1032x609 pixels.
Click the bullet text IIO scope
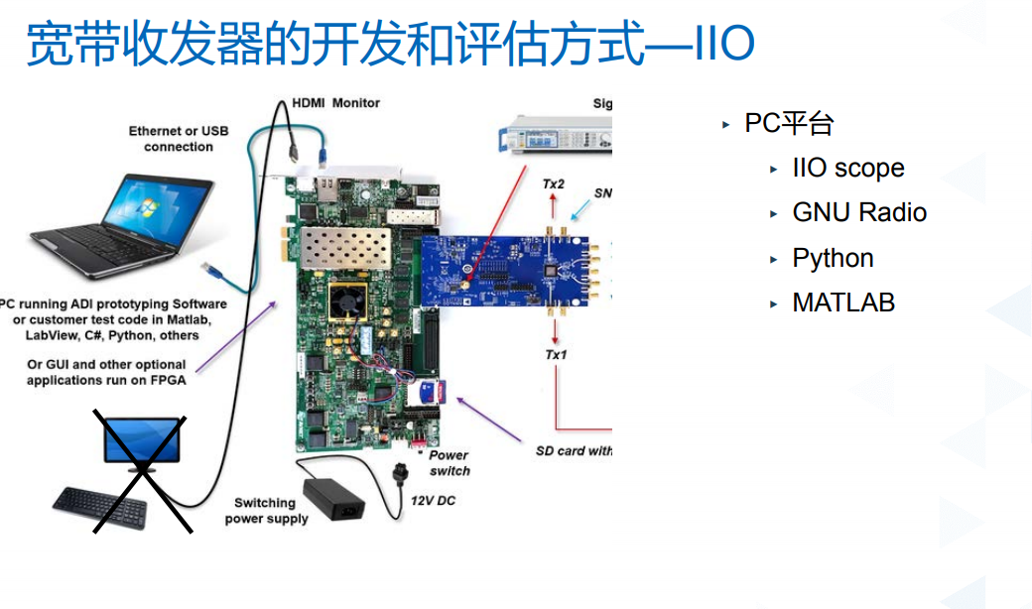click(847, 168)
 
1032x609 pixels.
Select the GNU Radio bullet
click(858, 212)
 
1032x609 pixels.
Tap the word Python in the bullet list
click(833, 258)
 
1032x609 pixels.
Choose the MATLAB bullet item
click(842, 302)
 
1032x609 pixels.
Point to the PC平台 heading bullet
click(789, 123)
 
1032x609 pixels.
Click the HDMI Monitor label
click(335, 102)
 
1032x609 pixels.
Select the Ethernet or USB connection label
click(179, 139)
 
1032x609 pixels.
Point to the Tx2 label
click(554, 184)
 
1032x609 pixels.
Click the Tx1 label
click(556, 354)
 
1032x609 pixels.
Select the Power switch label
click(450, 463)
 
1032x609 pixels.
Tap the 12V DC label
click(433, 501)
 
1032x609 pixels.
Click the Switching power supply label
click(266, 511)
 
